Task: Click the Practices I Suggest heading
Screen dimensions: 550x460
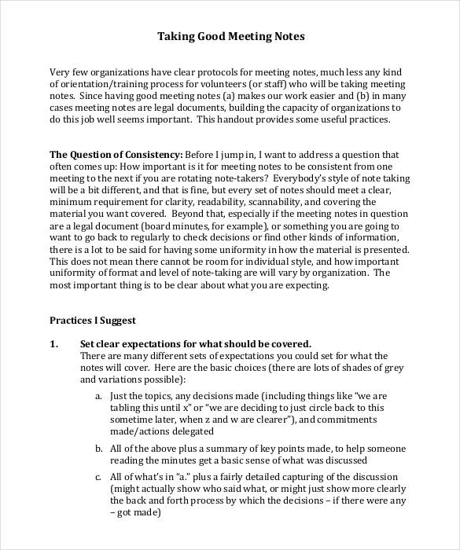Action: (93, 321)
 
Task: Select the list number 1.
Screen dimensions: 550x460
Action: (54, 344)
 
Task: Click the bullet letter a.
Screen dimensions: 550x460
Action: (98, 395)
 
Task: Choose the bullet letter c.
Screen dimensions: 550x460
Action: (98, 476)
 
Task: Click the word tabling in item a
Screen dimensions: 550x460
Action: (126, 408)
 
